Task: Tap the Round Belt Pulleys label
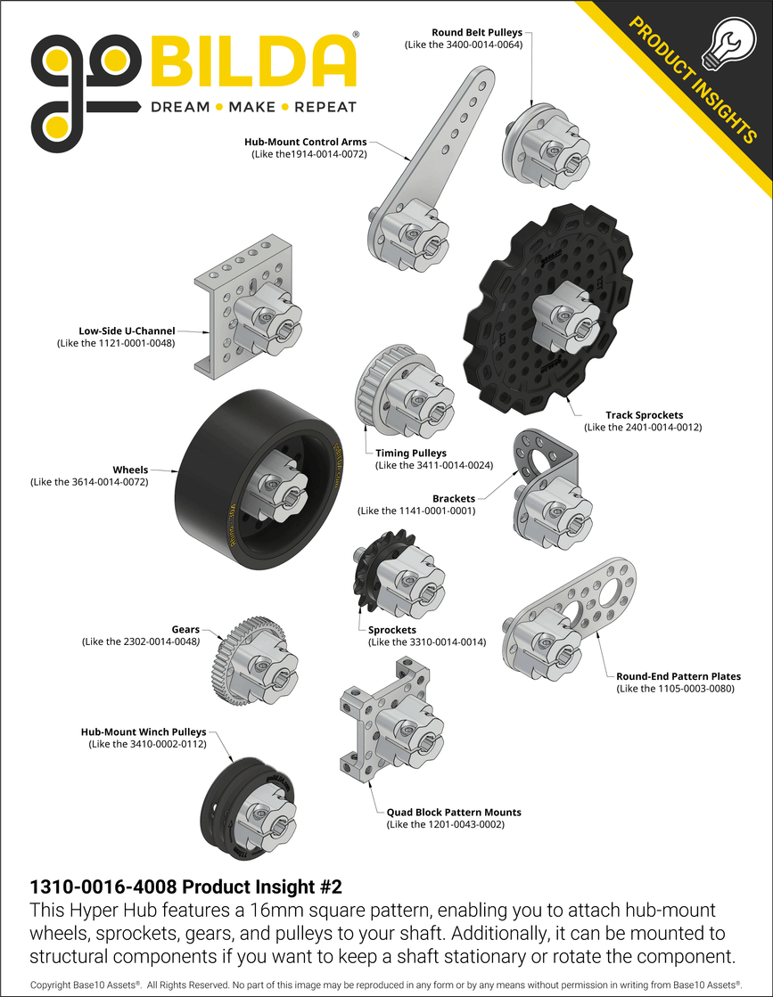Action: point(477,32)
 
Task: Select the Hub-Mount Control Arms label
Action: point(305,142)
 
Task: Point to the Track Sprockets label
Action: point(644,415)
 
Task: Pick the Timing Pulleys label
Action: point(410,454)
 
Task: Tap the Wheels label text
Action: point(130,470)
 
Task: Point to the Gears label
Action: point(185,629)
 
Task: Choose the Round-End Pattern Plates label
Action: point(678,676)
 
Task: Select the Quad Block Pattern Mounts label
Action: point(453,813)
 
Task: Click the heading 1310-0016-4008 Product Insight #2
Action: point(186,887)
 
